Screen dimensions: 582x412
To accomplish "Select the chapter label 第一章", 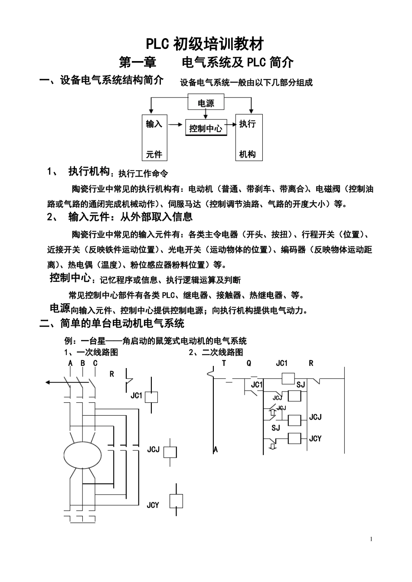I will tap(138, 62).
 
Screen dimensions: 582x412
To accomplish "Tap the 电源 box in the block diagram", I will tap(206, 103).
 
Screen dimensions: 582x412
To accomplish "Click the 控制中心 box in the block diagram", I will tap(206, 128).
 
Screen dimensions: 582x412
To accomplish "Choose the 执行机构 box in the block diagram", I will tap(249, 138).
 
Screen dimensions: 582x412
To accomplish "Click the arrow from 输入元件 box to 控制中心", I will tap(175, 124).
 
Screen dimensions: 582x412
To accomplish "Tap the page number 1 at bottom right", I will tap(371, 539).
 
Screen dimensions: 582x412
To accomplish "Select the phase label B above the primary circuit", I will tap(82, 363).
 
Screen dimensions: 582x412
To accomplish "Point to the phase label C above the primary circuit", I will tap(95, 363).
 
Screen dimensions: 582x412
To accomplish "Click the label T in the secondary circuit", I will tap(224, 363).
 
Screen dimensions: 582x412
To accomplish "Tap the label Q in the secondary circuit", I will tap(249, 363).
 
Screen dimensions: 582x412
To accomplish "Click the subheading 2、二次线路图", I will tap(216, 352).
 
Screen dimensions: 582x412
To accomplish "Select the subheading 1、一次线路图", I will tap(91, 352).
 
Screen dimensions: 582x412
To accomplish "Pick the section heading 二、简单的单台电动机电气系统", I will tap(112, 323).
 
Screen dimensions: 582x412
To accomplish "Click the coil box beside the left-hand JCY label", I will tap(176, 501).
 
